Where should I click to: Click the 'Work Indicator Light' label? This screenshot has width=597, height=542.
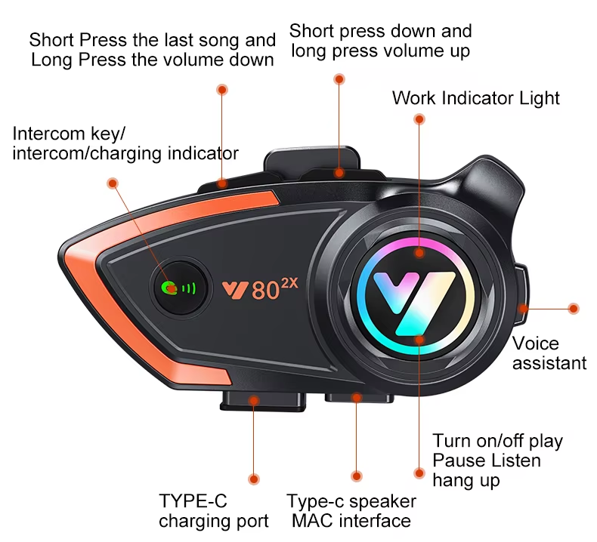[x=475, y=98]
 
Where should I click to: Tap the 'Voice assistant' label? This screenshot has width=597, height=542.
[x=549, y=353]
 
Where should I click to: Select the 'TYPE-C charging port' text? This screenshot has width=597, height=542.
[x=214, y=511]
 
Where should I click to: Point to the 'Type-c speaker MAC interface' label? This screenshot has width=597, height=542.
[x=351, y=511]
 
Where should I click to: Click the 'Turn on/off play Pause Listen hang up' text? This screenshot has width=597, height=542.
[x=497, y=460]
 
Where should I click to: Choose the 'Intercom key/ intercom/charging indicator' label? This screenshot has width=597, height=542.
[x=125, y=143]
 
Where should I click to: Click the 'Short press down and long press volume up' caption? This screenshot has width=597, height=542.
[x=380, y=41]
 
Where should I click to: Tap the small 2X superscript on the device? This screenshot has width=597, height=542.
[x=289, y=283]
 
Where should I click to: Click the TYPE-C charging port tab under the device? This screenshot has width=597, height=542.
[x=263, y=401]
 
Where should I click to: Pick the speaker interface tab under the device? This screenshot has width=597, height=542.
[x=359, y=398]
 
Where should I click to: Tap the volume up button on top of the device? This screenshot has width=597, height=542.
[x=342, y=173]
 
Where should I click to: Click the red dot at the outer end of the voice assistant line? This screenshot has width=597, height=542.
[x=573, y=309]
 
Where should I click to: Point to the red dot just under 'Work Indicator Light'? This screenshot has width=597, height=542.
[x=419, y=119]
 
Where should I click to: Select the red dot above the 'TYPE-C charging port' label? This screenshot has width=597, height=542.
[x=254, y=479]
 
